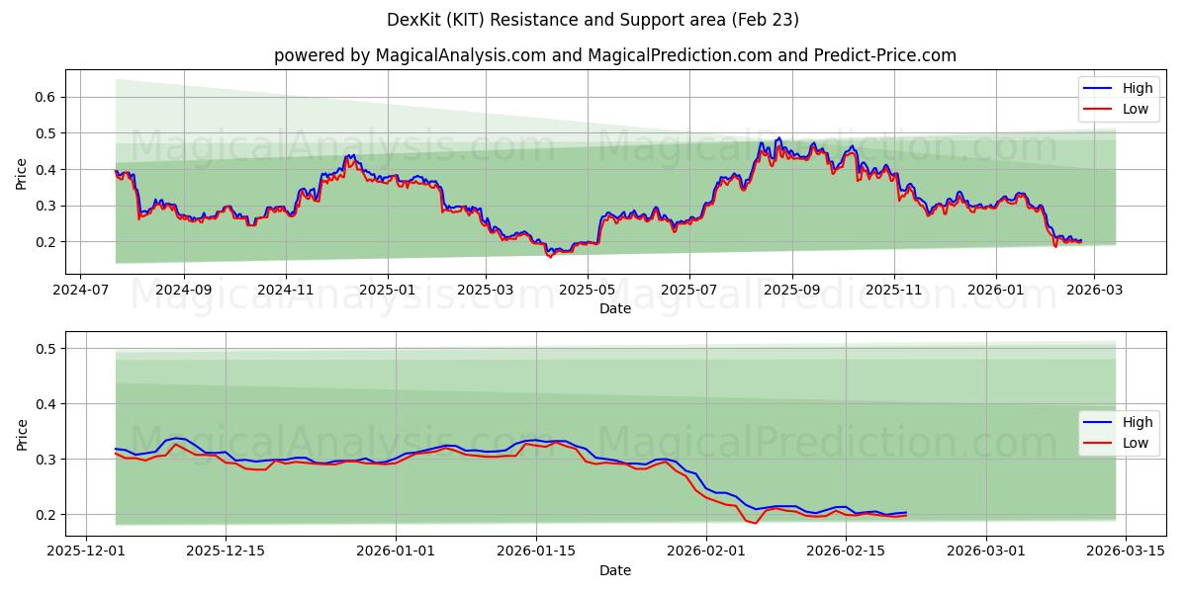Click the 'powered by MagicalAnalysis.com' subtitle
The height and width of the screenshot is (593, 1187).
(x=615, y=55)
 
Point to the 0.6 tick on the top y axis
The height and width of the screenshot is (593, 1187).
(x=45, y=97)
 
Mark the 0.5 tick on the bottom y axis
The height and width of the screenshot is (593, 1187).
(x=45, y=348)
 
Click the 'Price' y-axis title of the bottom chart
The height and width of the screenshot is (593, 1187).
(x=22, y=434)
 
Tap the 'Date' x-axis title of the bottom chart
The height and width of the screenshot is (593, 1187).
(x=615, y=571)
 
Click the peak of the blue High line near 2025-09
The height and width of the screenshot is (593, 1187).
(x=778, y=138)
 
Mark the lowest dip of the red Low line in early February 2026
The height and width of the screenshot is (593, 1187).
(x=756, y=523)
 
